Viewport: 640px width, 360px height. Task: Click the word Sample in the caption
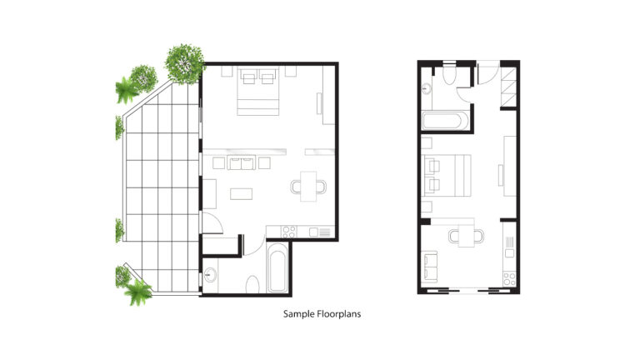[297, 314]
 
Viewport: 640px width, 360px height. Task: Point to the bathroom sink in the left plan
[210, 274]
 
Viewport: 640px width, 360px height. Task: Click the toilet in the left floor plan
[252, 284]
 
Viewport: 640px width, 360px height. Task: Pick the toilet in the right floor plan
[449, 74]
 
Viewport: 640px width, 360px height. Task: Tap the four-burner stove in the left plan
[289, 232]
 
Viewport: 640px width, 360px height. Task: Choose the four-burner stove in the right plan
[509, 279]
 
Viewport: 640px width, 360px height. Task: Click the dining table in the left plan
[308, 187]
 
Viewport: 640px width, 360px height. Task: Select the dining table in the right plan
[466, 236]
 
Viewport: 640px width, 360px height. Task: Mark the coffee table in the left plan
[241, 193]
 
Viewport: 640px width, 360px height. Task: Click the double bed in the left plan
[258, 92]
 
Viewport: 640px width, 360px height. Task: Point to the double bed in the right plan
[447, 176]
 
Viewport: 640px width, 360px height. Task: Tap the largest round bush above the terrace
[184, 63]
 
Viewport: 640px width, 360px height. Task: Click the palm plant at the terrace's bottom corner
[138, 292]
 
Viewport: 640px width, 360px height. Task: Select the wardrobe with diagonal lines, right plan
[508, 87]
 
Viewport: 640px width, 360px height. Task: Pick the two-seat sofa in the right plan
[429, 267]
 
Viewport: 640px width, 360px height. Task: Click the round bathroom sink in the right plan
[427, 88]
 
